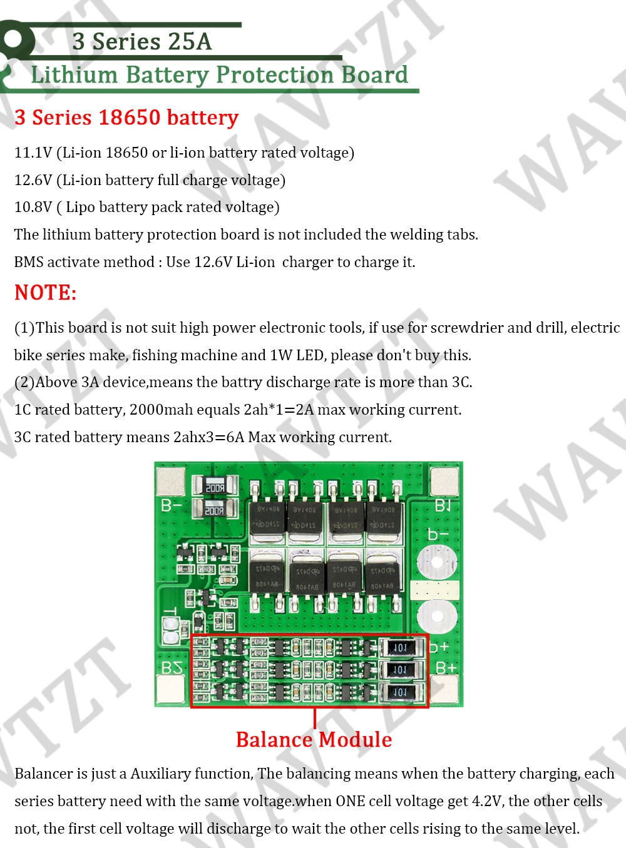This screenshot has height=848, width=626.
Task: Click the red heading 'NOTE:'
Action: (46, 293)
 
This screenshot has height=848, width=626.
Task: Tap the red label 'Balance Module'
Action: (314, 740)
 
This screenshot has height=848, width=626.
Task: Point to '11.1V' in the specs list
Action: (33, 153)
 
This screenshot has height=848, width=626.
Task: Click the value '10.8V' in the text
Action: (33, 207)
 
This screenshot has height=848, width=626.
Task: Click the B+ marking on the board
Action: (444, 668)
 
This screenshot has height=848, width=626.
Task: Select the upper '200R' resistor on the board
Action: (215, 487)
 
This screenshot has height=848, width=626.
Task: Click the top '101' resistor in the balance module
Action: (400, 647)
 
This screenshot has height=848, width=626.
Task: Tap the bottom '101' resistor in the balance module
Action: (400, 692)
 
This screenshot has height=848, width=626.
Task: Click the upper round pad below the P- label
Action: (436, 562)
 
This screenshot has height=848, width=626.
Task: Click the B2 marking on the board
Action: (171, 668)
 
